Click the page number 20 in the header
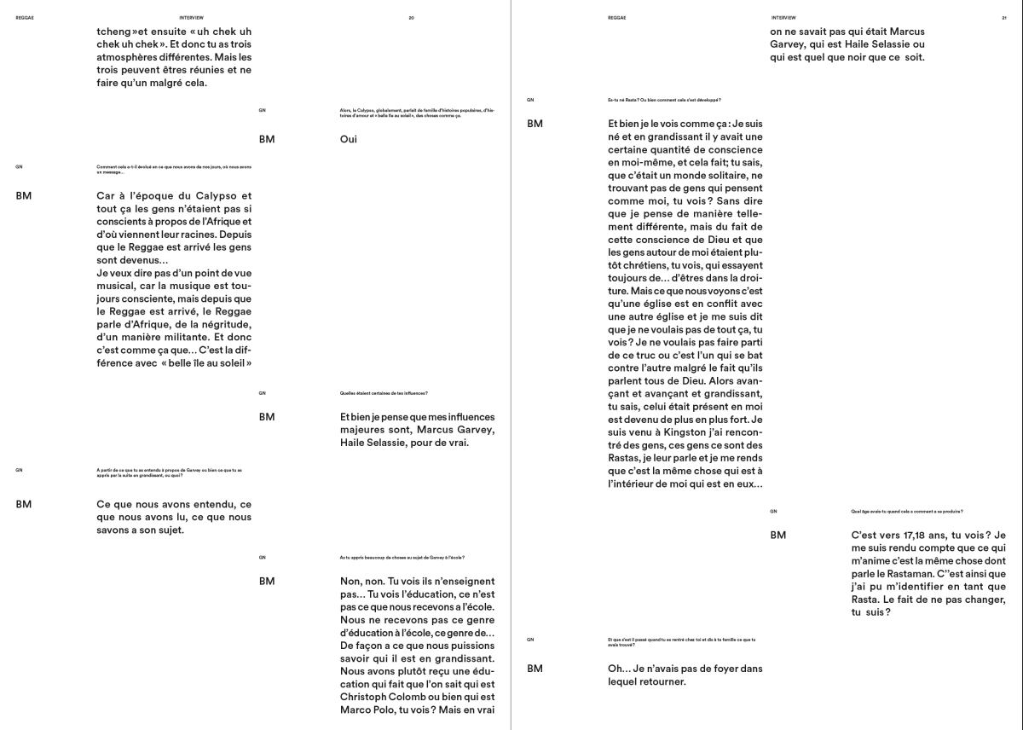[x=412, y=17]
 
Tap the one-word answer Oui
[x=348, y=139]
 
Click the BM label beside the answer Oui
[x=267, y=139]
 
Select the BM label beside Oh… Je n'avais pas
[x=535, y=669]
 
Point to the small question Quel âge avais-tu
[x=906, y=511]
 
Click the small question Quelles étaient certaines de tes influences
[x=383, y=393]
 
